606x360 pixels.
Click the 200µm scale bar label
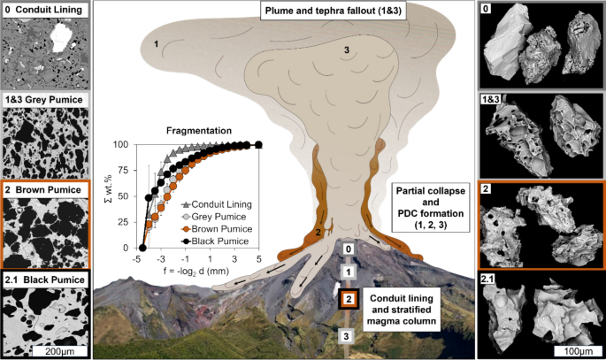click(52, 351)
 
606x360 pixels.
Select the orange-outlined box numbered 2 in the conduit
click(349, 300)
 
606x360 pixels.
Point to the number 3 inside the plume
click(347, 50)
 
